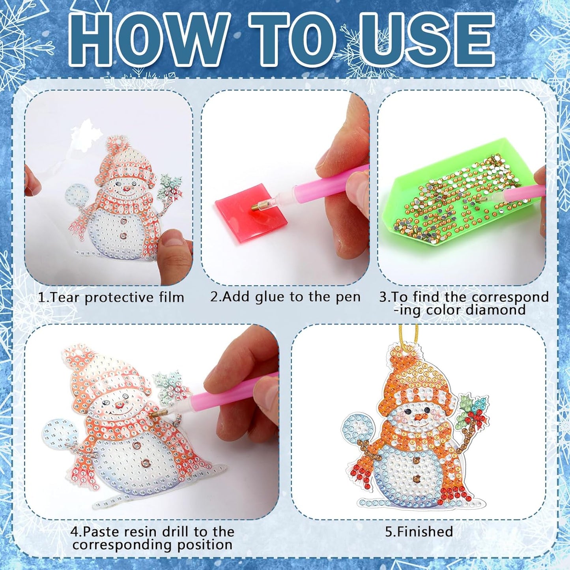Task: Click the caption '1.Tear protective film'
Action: click(111, 297)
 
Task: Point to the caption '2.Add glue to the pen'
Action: click(285, 297)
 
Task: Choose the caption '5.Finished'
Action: click(419, 532)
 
